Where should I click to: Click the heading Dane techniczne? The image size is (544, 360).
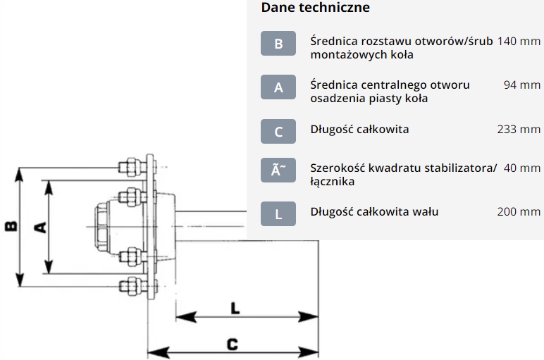point(315,8)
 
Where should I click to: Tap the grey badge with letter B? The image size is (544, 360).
point(278,44)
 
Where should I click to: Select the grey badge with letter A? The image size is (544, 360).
point(278,87)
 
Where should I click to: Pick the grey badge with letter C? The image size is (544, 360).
point(278,131)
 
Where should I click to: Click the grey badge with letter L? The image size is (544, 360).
point(278,214)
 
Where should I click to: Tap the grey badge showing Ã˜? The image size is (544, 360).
point(278,171)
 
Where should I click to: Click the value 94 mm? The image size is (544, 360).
point(521,85)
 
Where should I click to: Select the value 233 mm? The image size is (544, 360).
point(519,130)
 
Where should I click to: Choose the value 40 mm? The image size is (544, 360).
point(521,168)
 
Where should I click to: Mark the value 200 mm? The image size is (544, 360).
point(519,211)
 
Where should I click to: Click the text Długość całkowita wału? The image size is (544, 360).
point(374,211)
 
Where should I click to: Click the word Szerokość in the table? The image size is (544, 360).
point(338,168)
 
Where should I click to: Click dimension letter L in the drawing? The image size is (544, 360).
point(235,308)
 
